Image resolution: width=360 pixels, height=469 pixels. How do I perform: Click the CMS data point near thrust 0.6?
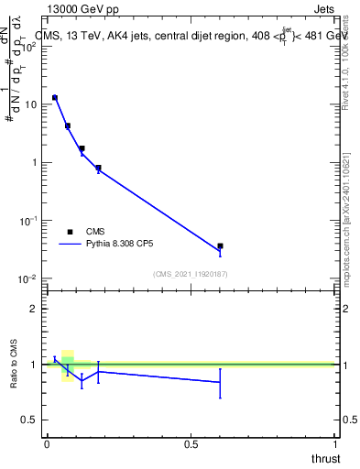point(220,246)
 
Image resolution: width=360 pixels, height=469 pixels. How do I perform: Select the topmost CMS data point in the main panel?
point(55,97)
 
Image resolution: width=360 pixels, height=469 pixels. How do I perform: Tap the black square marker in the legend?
point(70,232)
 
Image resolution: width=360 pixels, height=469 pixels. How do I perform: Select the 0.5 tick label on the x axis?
point(191,443)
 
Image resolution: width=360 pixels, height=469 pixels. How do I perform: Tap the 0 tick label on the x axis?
point(47,443)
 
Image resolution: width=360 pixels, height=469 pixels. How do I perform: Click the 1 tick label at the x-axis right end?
point(334,443)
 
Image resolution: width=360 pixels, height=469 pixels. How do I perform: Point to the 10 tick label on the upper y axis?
point(33,104)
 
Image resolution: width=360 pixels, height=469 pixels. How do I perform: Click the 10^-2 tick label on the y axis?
point(29,278)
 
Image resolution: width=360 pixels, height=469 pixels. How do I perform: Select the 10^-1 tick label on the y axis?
point(29,221)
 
